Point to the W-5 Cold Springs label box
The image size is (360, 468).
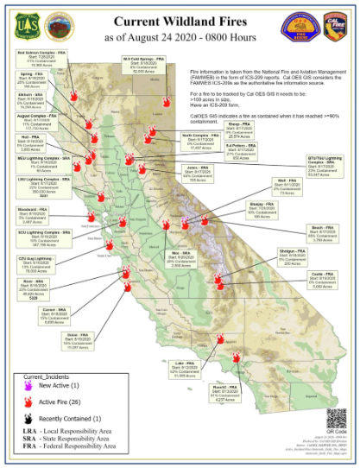coord(138,67)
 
